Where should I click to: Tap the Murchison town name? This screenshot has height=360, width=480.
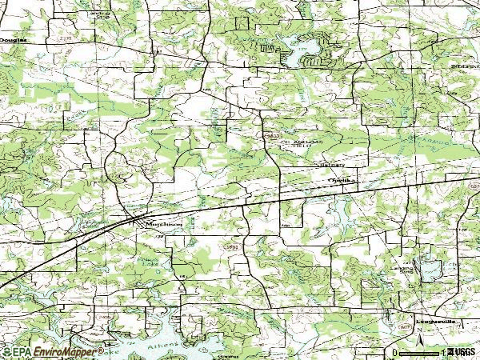pyautogui.click(x=163, y=225)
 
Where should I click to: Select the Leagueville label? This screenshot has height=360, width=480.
pyautogui.click(x=435, y=322)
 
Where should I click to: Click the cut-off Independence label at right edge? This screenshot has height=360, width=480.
pyautogui.click(x=464, y=66)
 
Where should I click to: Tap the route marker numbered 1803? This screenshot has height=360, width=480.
pyautogui.click(x=232, y=249)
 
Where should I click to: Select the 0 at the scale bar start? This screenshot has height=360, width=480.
pyautogui.click(x=395, y=353)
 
